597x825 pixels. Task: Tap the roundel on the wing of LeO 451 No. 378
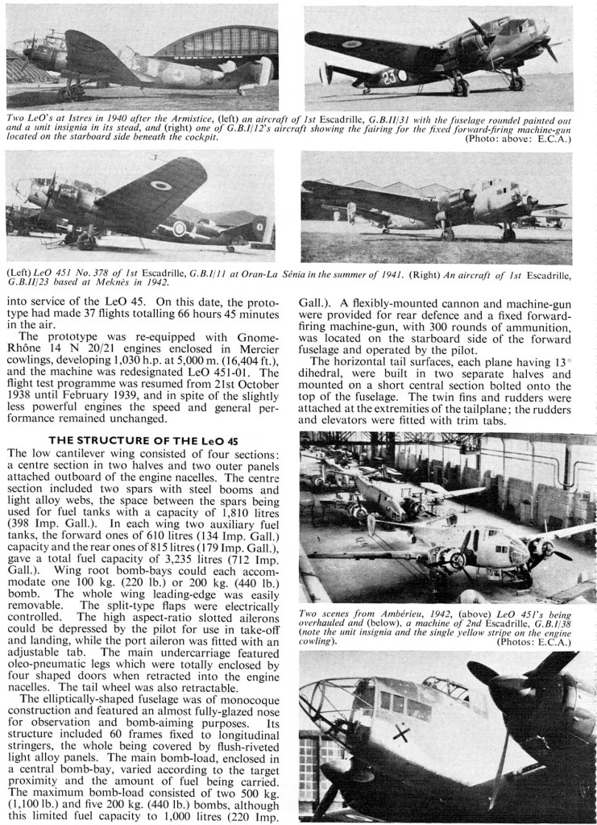(160, 185)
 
